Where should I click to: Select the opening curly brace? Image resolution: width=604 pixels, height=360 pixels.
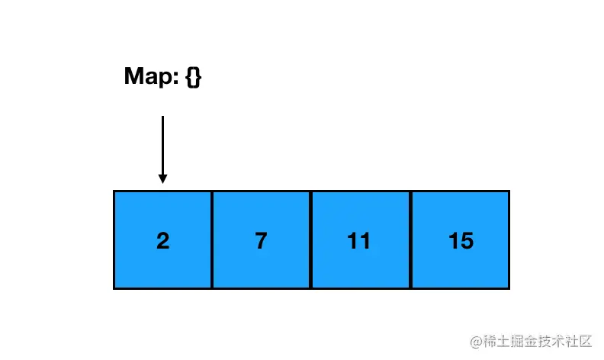[189, 77]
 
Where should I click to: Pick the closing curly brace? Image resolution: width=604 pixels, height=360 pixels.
[198, 77]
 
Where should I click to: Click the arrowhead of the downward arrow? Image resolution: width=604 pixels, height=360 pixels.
[162, 178]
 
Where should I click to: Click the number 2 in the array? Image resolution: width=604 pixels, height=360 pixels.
[163, 240]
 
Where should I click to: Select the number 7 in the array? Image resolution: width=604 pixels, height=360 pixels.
[261, 240]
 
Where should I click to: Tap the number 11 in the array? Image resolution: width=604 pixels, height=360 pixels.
[358, 240]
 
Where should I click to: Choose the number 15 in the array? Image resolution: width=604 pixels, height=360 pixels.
[461, 240]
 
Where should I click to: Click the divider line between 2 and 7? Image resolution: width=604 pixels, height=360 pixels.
[212, 239]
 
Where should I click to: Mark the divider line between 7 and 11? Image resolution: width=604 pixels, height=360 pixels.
[310, 239]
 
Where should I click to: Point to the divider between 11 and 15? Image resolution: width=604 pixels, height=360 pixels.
[410, 239]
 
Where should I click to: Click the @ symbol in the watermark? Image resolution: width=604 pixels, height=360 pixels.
[476, 342]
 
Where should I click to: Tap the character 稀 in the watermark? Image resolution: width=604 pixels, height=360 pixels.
[490, 341]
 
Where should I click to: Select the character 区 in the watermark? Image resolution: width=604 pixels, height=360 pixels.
[584, 341]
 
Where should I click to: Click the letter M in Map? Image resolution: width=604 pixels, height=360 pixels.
[133, 76]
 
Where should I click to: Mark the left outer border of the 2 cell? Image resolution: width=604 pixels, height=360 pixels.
[114, 239]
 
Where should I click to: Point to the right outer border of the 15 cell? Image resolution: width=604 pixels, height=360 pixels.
[509, 239]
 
